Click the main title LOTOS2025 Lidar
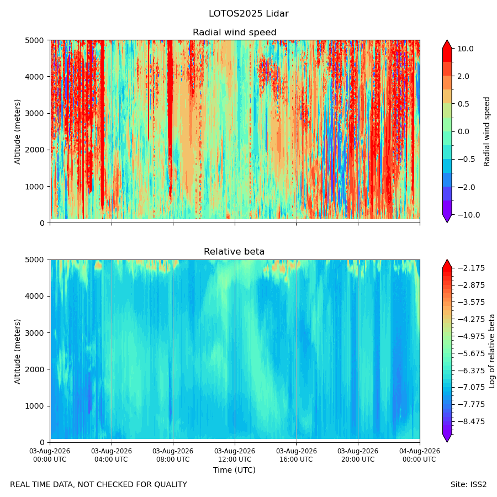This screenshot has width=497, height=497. pyautogui.click(x=248, y=14)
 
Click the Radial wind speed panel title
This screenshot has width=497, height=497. pyautogui.click(x=235, y=33)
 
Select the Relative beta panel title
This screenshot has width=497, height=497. pyautogui.click(x=234, y=252)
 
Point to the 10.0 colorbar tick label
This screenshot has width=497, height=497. pyautogui.click(x=466, y=49)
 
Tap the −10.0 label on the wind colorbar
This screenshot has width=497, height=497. pyautogui.click(x=468, y=215)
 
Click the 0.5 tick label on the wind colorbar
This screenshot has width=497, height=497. pyautogui.click(x=463, y=104)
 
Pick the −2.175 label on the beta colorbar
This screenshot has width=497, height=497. pyautogui.click(x=471, y=268)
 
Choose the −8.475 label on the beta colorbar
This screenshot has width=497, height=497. pyautogui.click(x=471, y=421)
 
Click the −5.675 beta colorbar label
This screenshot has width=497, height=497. pyautogui.click(x=471, y=353)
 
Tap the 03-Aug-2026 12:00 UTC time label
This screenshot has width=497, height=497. pyautogui.click(x=235, y=455)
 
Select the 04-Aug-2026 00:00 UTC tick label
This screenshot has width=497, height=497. pyautogui.click(x=420, y=455)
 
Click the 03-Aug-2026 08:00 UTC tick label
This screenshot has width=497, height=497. pyautogui.click(x=173, y=455)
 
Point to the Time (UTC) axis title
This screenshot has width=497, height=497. pyautogui.click(x=234, y=470)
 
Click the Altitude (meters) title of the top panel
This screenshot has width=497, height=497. pyautogui.click(x=17, y=132)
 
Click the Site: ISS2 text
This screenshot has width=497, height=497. pyautogui.click(x=468, y=485)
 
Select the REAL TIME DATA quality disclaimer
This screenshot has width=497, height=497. pyautogui.click(x=99, y=485)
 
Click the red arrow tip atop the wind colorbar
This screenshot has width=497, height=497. pyautogui.click(x=447, y=40)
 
